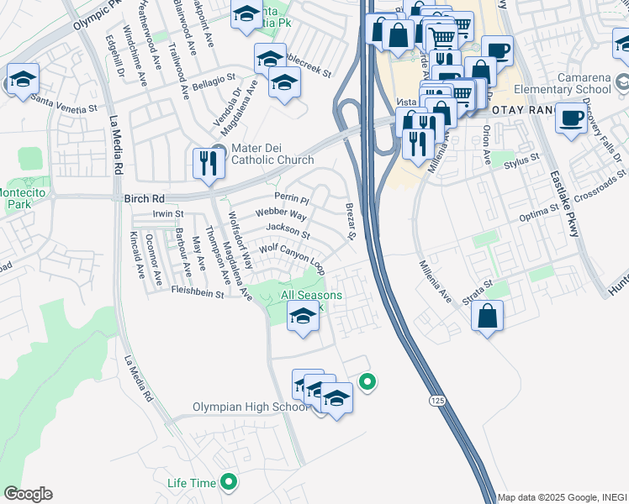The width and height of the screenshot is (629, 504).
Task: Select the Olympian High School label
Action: (251, 407)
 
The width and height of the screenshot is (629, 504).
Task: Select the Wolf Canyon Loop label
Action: (291, 253)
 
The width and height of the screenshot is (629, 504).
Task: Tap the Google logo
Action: (27, 494)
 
